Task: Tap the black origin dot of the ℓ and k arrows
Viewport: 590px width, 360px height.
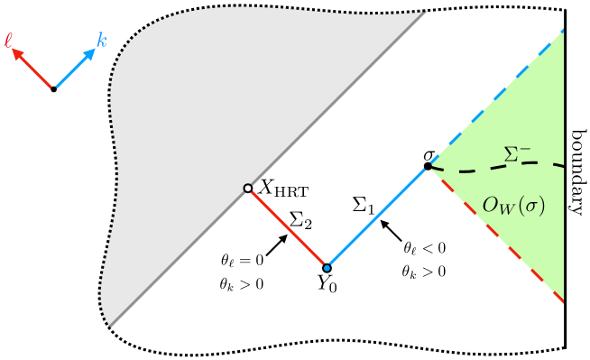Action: click(54, 89)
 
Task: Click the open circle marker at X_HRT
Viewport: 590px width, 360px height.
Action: click(247, 189)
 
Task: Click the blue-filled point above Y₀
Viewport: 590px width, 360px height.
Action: click(327, 267)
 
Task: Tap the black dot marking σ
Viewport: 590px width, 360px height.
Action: click(428, 166)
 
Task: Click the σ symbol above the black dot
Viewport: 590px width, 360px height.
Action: click(429, 154)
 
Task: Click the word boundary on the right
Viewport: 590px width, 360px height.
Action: click(578, 171)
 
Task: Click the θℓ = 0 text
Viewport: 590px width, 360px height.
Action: click(241, 261)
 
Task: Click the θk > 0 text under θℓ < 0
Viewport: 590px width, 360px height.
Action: click(424, 270)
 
